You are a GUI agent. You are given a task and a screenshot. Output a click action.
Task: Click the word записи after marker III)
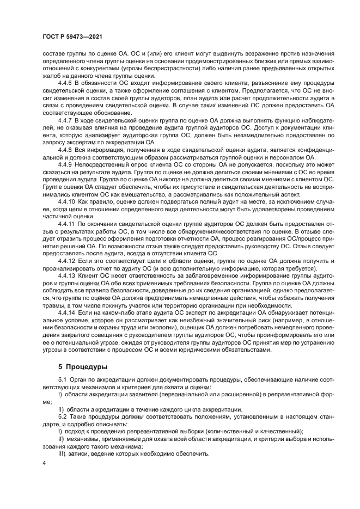pos(79,454)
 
